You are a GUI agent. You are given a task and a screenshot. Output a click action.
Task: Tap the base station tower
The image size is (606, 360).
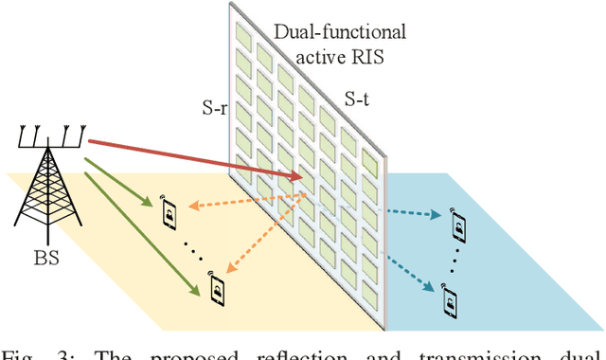[45, 189]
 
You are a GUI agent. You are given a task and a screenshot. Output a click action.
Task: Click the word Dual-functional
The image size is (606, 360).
[340, 32]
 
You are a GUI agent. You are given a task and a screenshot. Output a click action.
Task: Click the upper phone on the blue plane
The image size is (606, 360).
[459, 227]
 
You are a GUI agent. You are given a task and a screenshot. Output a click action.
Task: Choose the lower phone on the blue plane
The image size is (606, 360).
[449, 301]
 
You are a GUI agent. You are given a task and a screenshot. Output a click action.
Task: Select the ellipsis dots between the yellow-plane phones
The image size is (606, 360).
[193, 248]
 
